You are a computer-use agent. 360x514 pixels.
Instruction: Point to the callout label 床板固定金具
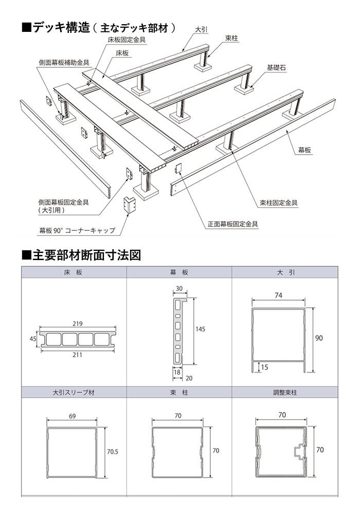click(127, 39)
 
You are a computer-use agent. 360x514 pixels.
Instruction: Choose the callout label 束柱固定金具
click(279, 203)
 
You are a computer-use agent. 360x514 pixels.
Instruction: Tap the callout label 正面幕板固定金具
click(232, 224)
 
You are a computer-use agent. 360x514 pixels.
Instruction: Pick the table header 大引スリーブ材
click(74, 392)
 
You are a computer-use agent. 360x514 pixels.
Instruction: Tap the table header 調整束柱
click(285, 392)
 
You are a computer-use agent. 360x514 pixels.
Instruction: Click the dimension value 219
click(78, 324)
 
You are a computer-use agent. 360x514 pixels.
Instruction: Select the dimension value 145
click(200, 329)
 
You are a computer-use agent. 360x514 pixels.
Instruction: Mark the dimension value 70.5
click(113, 452)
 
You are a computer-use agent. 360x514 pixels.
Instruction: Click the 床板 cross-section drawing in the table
click(77, 339)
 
